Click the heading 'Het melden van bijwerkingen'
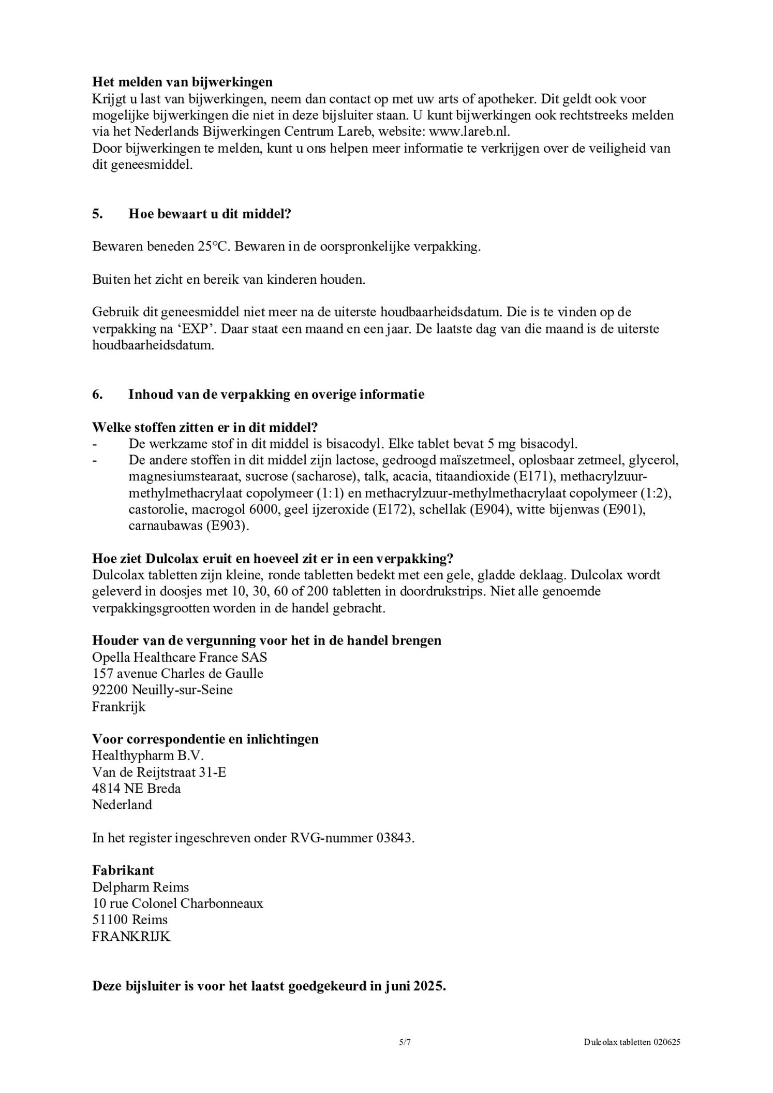point(182,82)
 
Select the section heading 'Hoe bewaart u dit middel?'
point(210,214)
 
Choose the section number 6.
point(97,395)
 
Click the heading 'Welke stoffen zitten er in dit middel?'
point(204,428)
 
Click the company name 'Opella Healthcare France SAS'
point(180,657)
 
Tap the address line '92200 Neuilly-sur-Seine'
point(162,690)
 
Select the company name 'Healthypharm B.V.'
point(148,755)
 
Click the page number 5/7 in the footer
point(405,1043)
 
